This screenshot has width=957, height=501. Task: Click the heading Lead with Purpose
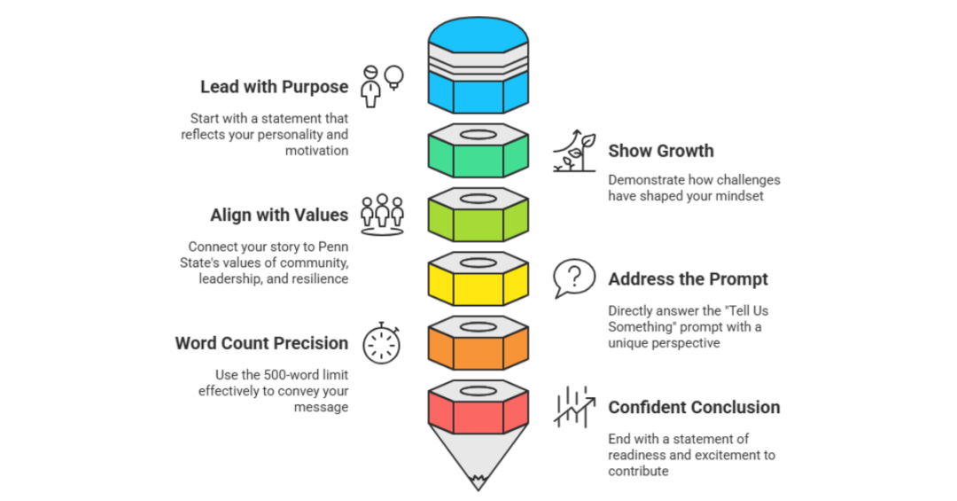coord(274,87)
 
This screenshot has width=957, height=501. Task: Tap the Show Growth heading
coord(660,151)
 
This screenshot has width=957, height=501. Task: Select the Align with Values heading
coord(279,215)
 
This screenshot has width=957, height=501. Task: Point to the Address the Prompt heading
coord(688,279)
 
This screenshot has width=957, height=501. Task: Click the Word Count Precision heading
coord(261,343)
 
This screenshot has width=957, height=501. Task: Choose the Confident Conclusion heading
coord(694,407)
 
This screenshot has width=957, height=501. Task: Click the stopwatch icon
coord(382,342)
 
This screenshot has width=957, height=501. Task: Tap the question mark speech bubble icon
coord(573,278)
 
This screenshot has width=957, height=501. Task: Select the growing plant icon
coord(574,151)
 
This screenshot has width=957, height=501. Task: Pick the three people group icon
coord(382,215)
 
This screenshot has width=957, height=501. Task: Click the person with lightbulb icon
coord(382,85)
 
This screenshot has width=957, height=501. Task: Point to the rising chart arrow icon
coord(573,407)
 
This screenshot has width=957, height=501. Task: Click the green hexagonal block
coord(478,152)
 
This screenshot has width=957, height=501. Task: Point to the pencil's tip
coord(478,482)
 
